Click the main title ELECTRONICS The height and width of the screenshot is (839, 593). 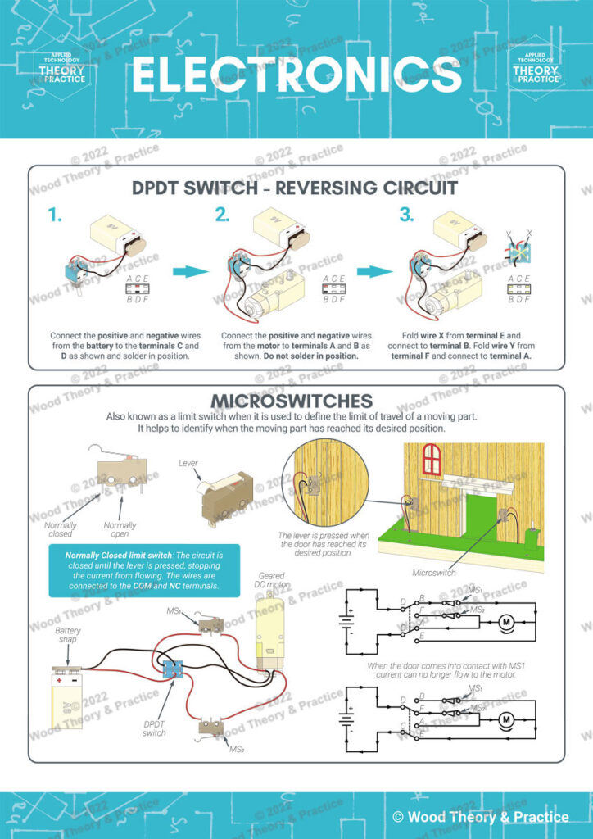coord(296,75)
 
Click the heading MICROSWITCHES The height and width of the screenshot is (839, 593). coord(292,401)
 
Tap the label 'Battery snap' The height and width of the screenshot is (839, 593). coord(68,634)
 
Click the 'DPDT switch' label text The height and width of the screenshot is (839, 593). coord(154,728)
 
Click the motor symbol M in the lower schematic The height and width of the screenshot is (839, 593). coord(505,720)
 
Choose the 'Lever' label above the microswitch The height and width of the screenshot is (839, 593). coord(188,463)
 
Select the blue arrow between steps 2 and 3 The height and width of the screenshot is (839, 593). coord(373,271)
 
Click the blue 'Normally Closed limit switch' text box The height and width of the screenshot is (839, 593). coord(143,570)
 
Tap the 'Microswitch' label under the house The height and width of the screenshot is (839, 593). coord(433,573)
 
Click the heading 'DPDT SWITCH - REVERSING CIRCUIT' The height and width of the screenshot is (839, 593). coord(296,188)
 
